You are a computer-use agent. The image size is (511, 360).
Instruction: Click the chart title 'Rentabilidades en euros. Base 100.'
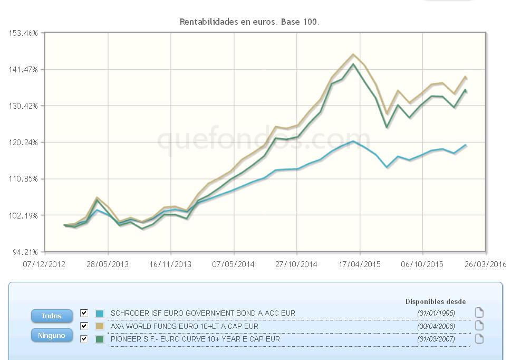pos(249,22)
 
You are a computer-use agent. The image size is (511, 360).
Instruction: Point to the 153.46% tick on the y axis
pos(24,33)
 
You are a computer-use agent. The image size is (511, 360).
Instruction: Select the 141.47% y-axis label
pos(24,69)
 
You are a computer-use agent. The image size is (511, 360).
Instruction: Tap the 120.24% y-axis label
pos(24,142)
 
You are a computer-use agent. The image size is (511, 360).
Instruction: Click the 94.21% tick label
pos(26,252)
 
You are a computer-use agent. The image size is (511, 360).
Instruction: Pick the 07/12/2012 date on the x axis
pos(44,264)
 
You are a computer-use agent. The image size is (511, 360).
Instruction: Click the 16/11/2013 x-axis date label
pos(171,264)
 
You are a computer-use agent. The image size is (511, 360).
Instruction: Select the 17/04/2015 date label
pos(360,264)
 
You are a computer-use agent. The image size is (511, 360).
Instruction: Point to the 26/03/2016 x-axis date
pos(485,264)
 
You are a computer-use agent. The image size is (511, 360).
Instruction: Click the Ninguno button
pos(52,335)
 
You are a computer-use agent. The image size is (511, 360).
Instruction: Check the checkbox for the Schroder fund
pos(84,313)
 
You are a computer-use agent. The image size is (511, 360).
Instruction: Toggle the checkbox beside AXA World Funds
pos(84,326)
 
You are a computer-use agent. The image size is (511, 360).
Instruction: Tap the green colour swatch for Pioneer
pos(99,339)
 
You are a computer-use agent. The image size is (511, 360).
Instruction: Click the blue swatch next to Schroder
pos(99,313)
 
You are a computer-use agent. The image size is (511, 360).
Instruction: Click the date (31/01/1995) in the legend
pos(436,313)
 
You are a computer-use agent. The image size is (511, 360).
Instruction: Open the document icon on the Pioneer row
pos(479,338)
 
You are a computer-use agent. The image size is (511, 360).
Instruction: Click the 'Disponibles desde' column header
pos(435,301)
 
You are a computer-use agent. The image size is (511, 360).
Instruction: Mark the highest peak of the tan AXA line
pos(353,54)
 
